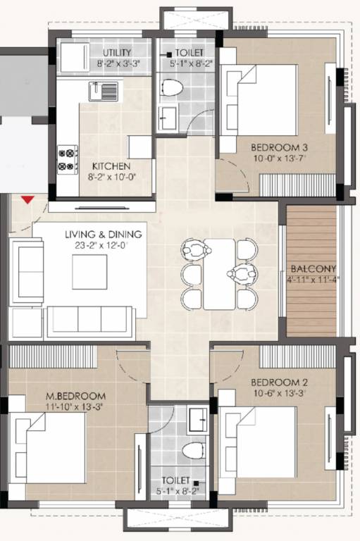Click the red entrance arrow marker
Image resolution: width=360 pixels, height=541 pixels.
[x=27, y=200]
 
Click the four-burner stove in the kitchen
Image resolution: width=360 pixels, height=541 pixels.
[x=67, y=158]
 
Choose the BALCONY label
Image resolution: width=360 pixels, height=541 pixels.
[x=313, y=268]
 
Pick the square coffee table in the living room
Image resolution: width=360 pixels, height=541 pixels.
[x=89, y=272]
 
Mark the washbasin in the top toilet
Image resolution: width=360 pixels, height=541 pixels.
[x=167, y=118]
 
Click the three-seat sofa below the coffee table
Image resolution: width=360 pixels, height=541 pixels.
[x=89, y=321]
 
